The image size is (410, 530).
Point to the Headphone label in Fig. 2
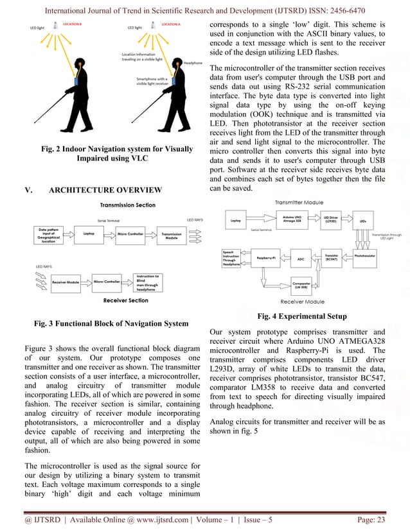[192, 63]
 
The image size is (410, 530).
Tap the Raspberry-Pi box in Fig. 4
[266, 259]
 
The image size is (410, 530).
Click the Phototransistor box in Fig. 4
[371, 255]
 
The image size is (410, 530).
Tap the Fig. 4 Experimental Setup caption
[301, 316]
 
